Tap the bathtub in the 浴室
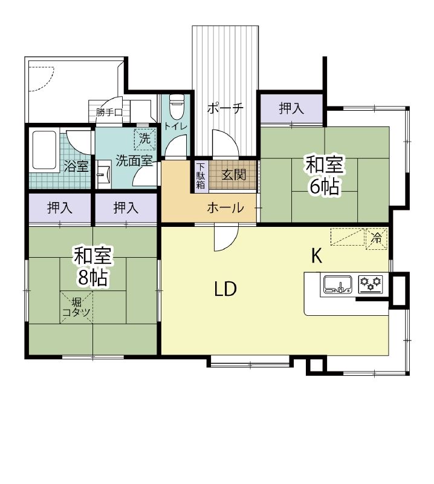coord(44,150)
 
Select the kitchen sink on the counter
coord(338,284)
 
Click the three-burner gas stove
coord(371,284)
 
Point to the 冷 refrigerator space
coord(376,238)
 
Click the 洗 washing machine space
coord(144,139)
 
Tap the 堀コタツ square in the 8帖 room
coord(77,307)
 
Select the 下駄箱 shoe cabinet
coord(201,175)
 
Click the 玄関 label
coord(234,175)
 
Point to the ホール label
coord(225,208)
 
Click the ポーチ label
coord(225,108)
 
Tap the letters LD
coord(226,289)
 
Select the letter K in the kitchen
coord(317,255)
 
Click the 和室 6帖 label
coord(325,175)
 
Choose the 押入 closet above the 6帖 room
coord(291,108)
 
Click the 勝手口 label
coord(109,113)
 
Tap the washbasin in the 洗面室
coord(103,174)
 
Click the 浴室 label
coord(77,167)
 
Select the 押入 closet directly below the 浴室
coord(60,208)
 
